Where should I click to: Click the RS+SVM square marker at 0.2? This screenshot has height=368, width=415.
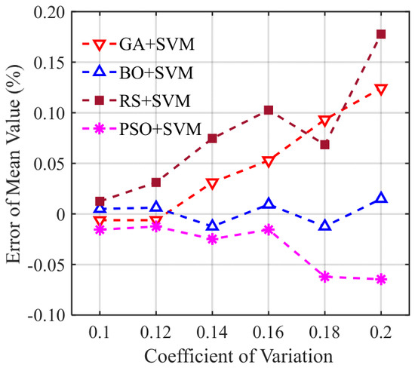pos(381,34)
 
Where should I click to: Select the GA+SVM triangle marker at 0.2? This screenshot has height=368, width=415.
pos(381,90)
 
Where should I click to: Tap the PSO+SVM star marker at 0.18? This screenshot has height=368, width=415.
pos(324,277)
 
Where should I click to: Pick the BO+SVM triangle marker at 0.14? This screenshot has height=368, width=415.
pos(212,225)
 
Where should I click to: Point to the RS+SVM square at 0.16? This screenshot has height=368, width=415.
pos(269,110)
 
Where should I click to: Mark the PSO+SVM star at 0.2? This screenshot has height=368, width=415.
pos(381,279)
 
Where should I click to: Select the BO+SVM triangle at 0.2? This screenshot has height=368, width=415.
pos(381,198)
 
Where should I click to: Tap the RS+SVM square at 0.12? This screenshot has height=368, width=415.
pos(156,182)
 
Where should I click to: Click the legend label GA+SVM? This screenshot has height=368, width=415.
pos(157,44)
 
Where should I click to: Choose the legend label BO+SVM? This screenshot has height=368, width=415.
pos(156,72)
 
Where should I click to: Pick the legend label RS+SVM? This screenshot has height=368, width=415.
pos(155,101)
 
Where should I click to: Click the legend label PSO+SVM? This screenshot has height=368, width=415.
pos(161,130)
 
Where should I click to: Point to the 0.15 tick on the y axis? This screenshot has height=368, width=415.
pos(50,63)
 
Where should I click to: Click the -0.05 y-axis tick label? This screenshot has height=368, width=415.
pos(47,265)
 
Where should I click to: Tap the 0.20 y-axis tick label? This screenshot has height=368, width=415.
pos(50,12)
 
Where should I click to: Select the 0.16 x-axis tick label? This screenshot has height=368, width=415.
pos(269,332)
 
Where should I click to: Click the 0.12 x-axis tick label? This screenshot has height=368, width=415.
pos(156,332)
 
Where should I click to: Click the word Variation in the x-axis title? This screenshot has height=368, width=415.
pos(296,356)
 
